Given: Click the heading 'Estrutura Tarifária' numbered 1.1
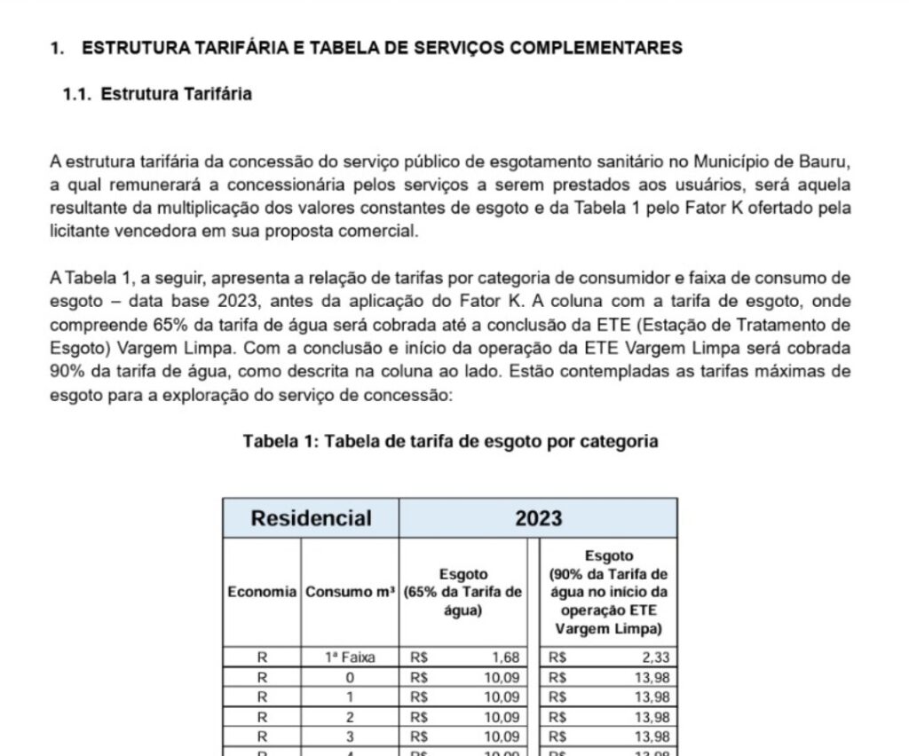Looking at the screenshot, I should [x=176, y=94].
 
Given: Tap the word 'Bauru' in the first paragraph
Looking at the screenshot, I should [x=827, y=162].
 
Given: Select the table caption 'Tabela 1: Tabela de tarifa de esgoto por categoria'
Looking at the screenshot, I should [x=450, y=441].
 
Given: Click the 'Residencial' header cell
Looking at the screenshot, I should [x=311, y=518].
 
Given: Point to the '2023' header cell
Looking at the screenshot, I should [x=539, y=518].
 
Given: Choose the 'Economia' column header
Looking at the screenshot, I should [x=262, y=592].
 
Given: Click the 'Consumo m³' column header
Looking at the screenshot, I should [x=350, y=592].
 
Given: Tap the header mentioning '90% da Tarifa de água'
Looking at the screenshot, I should [x=608, y=592].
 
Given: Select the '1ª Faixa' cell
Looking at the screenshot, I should [x=350, y=658].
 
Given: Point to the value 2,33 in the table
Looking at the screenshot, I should [x=651, y=658].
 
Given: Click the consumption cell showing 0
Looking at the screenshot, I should [x=350, y=677].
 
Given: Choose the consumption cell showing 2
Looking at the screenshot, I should [x=350, y=716].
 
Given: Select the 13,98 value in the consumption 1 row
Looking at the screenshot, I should [x=648, y=697].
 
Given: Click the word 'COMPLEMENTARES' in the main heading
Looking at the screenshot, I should [x=593, y=48].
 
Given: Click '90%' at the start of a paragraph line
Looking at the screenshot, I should [x=66, y=370].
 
